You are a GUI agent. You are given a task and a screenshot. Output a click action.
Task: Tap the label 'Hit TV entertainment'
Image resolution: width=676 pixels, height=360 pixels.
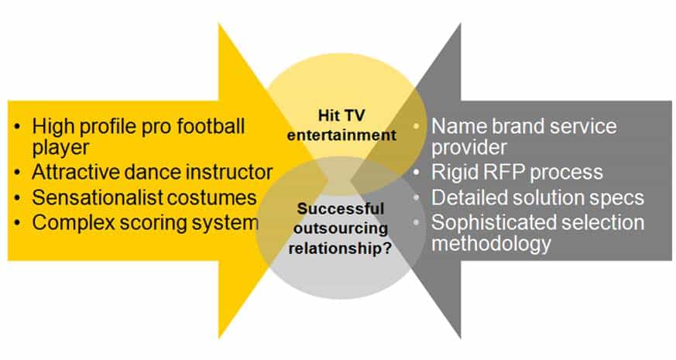coord(341,125)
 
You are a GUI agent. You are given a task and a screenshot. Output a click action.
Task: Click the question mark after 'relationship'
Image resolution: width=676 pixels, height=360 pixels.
coord(386,249)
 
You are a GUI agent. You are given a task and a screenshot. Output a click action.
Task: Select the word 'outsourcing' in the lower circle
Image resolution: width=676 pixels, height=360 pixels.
coord(341,228)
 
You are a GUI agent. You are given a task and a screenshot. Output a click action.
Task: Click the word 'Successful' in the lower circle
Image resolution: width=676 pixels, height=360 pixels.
coord(341,209)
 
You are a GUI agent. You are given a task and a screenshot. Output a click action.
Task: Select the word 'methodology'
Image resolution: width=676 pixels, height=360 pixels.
coord(491,244)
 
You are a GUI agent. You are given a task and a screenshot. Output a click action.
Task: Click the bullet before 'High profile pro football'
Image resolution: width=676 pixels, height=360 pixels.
coord(17,127)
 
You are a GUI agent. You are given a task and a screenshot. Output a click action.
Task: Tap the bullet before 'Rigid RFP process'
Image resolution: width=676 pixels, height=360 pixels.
coord(416,173)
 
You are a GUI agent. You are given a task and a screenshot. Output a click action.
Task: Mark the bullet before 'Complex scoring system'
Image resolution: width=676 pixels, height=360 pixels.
coord(17,223)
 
